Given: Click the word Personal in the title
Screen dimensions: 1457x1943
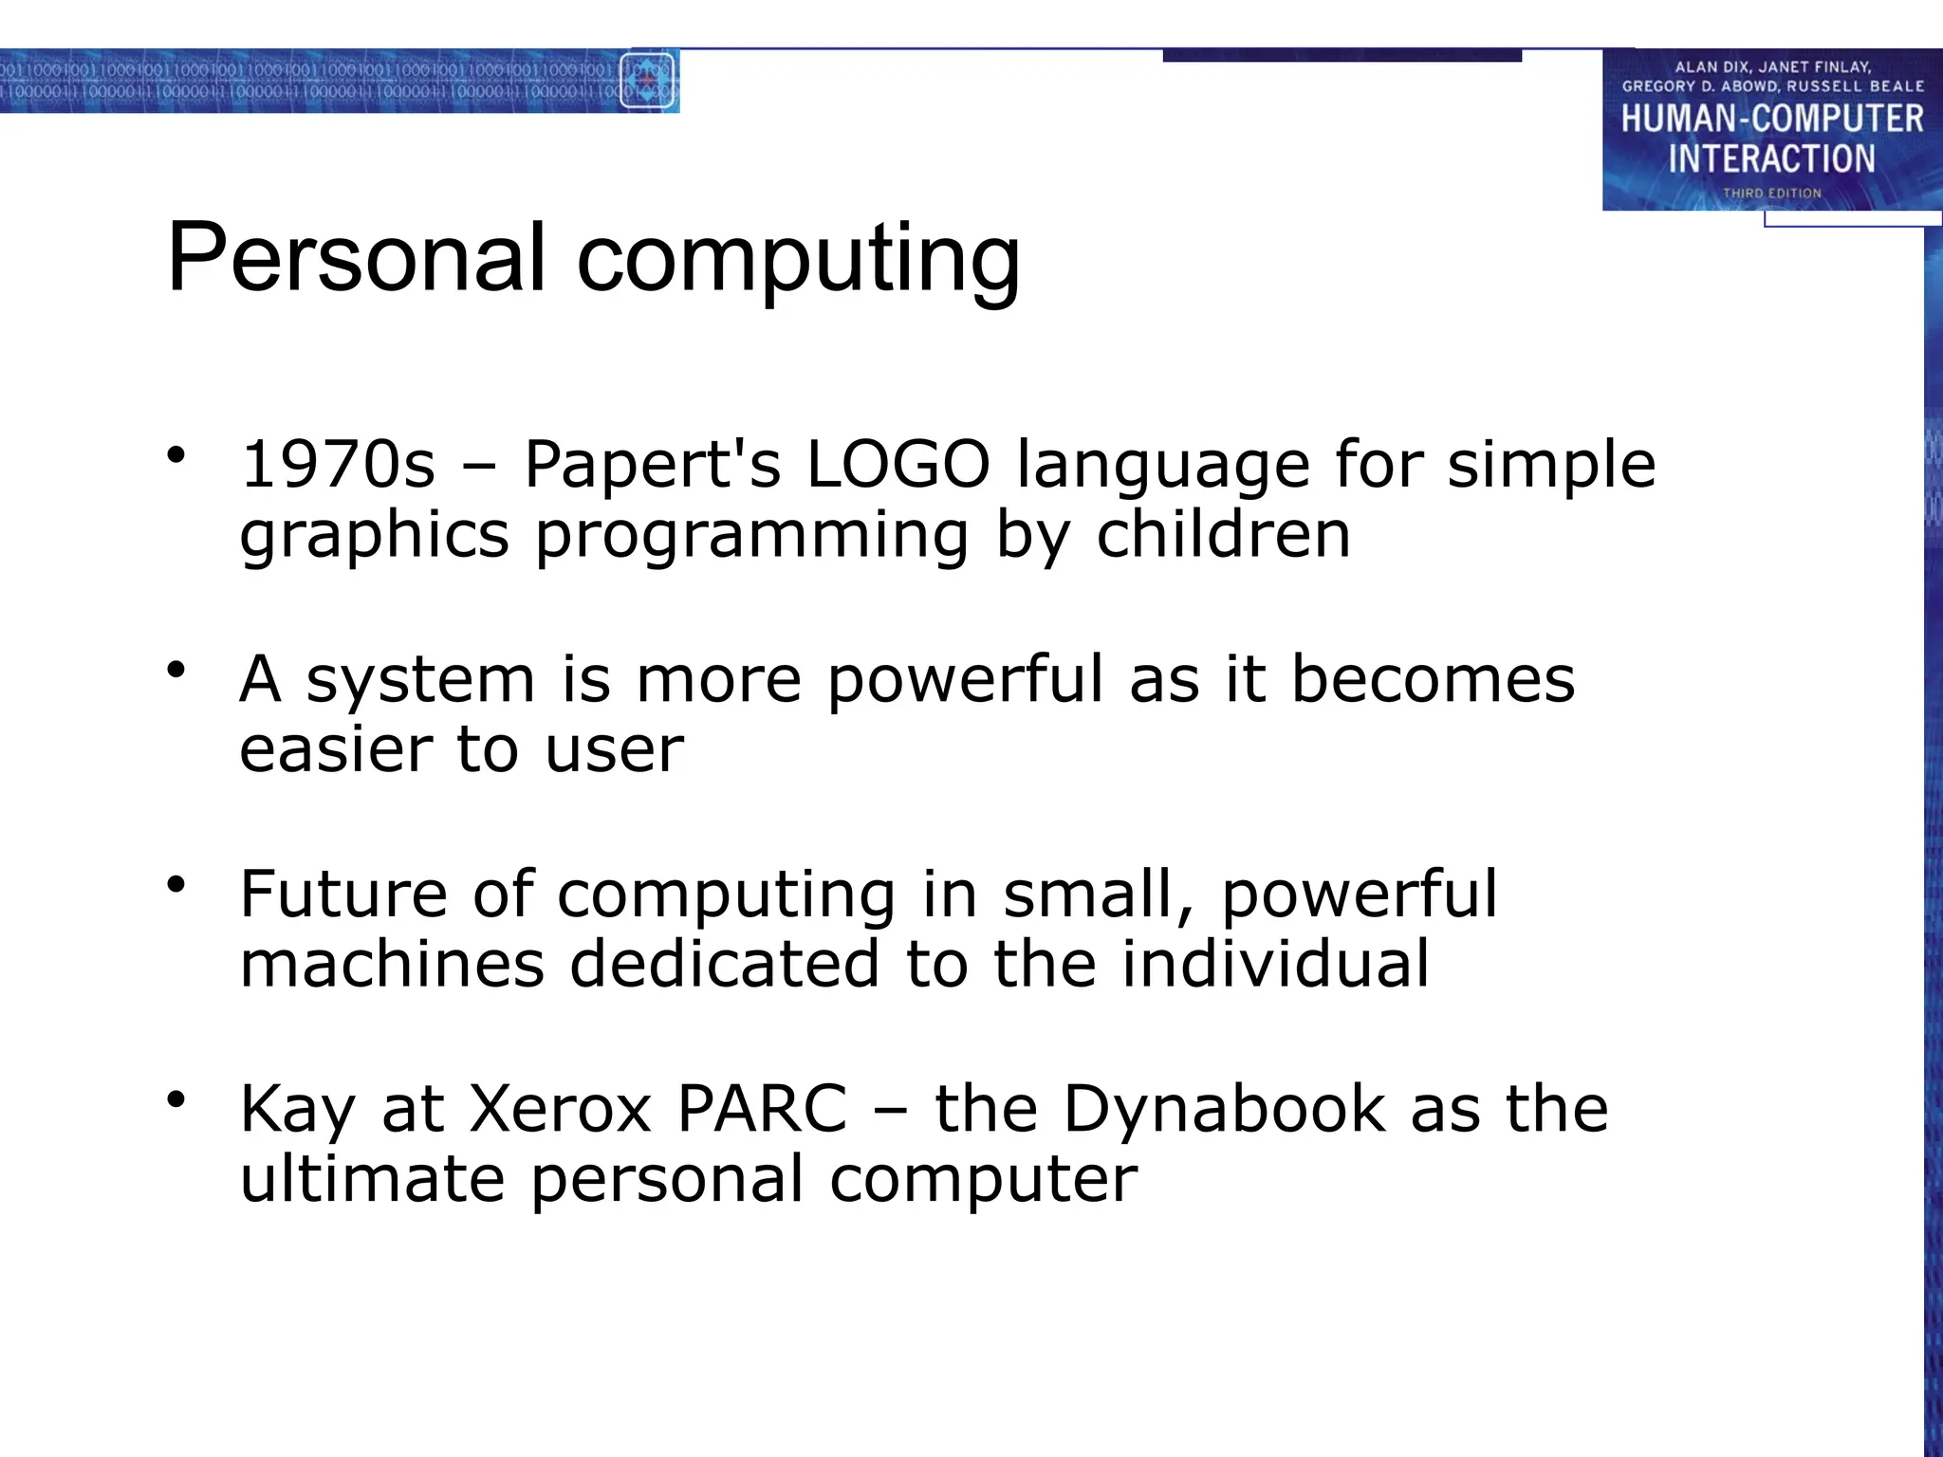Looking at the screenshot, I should pos(357,258).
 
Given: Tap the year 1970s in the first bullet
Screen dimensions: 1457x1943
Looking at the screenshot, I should pos(338,465).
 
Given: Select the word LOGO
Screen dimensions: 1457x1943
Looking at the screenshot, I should pos(897,465).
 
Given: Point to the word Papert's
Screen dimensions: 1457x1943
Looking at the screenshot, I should pos(652,467).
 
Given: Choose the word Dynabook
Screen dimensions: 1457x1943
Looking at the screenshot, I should pos(1224,1110).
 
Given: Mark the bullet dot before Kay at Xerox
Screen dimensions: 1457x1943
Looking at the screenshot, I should pos(176,1099).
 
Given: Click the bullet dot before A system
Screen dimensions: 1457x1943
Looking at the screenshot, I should pos(176,671).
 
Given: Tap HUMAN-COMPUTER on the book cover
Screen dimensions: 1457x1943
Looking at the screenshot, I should pos(1771,120).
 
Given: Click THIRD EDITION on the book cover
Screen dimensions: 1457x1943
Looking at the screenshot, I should pos(1771,193).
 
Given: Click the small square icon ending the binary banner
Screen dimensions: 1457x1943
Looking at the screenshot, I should pos(647,81).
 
